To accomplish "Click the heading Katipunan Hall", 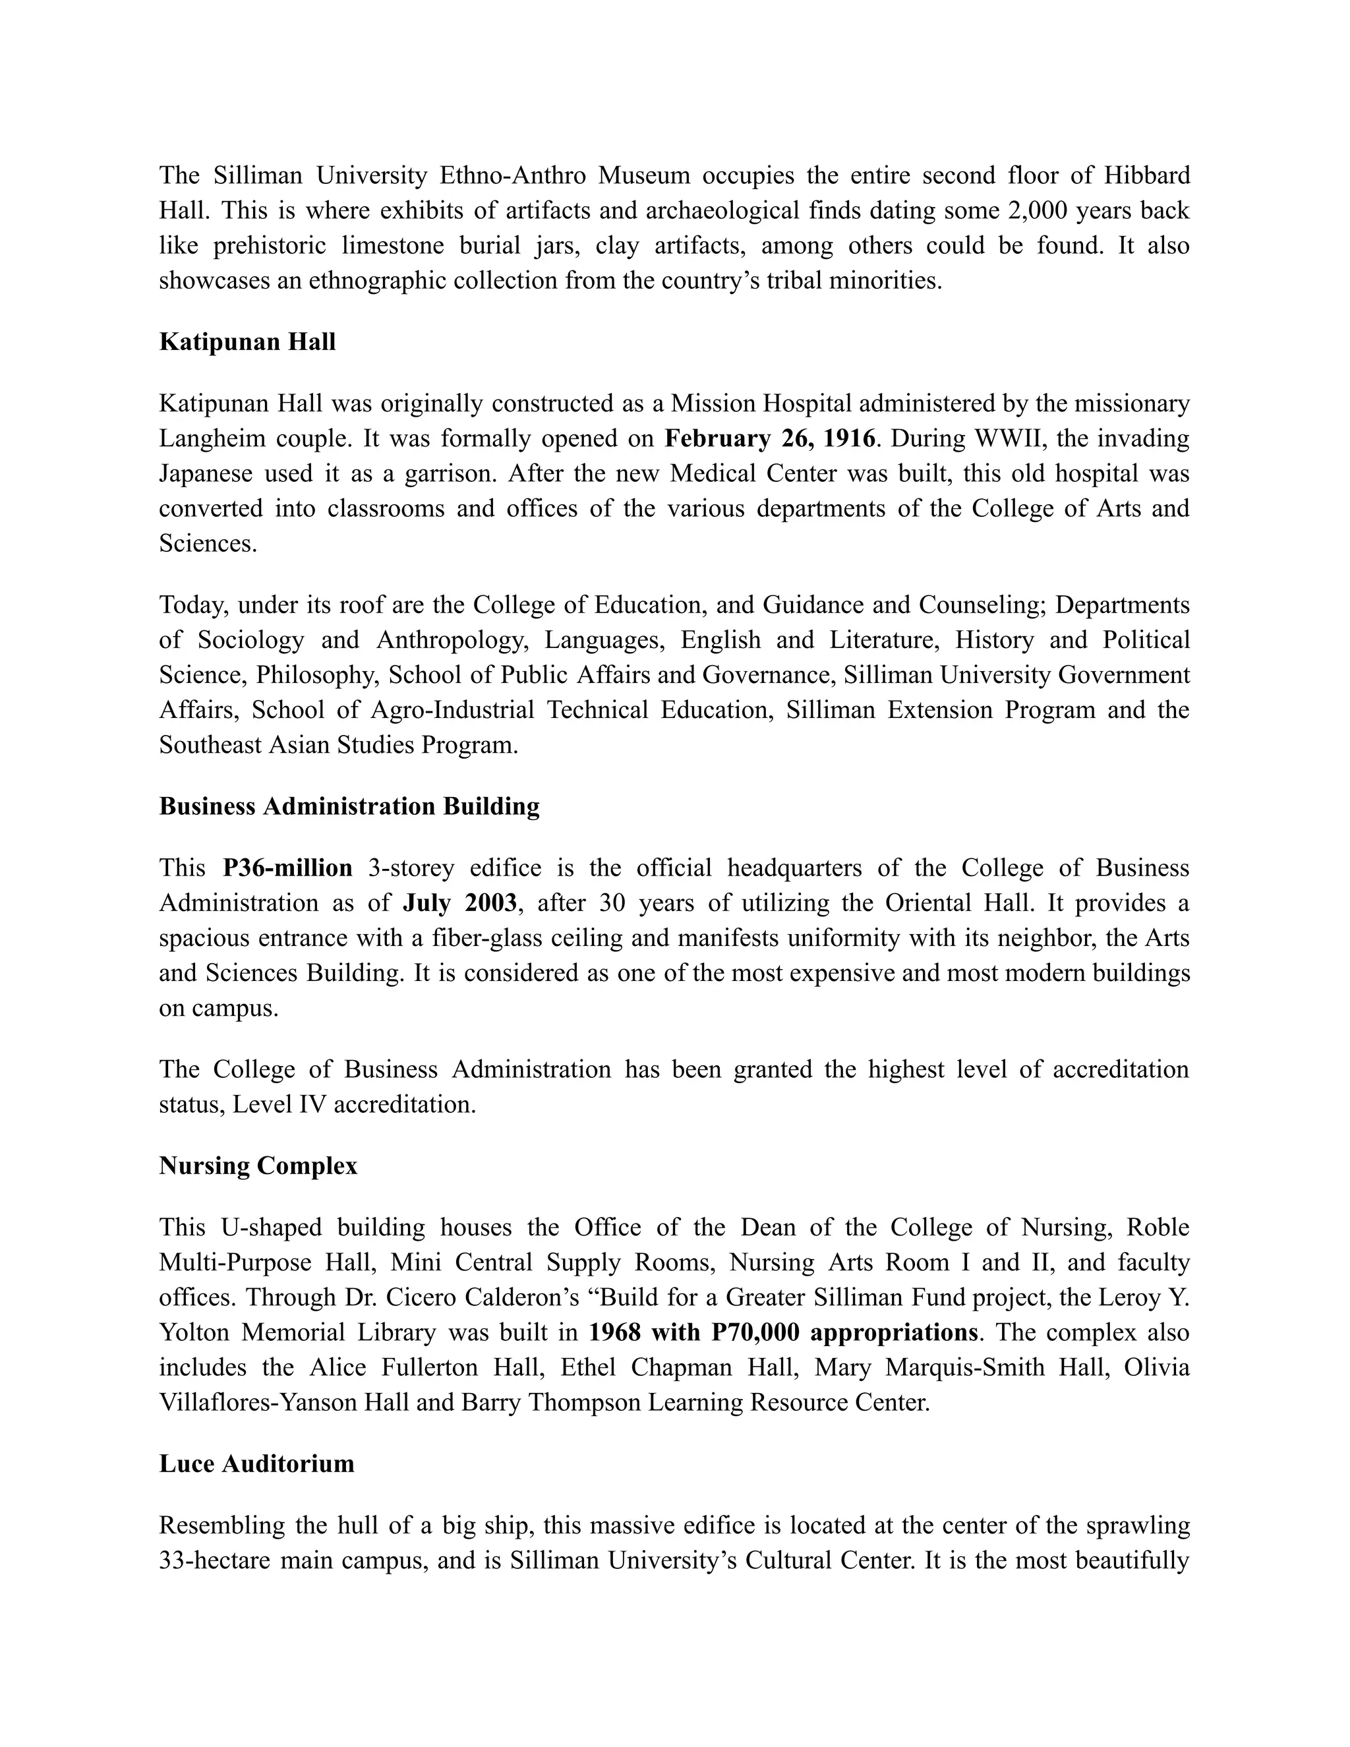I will (247, 342).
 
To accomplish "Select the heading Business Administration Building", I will (349, 806).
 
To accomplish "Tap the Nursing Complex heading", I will (258, 1166).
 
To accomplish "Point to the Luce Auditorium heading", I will (256, 1464).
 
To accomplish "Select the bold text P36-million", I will (288, 868).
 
